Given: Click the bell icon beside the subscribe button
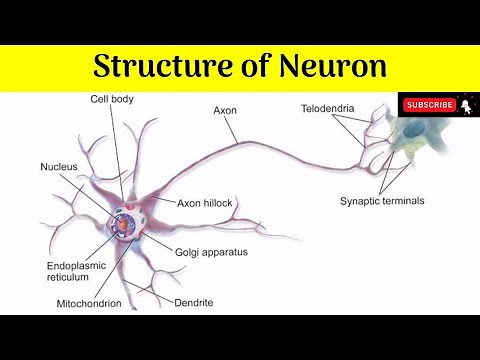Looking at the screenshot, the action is coord(467,104).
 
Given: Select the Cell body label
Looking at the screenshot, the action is coord(140,99).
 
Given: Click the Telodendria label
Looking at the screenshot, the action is coord(328,106).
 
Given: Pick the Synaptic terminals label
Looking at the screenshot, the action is coord(381,200).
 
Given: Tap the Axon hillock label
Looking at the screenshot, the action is coord(205,203).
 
